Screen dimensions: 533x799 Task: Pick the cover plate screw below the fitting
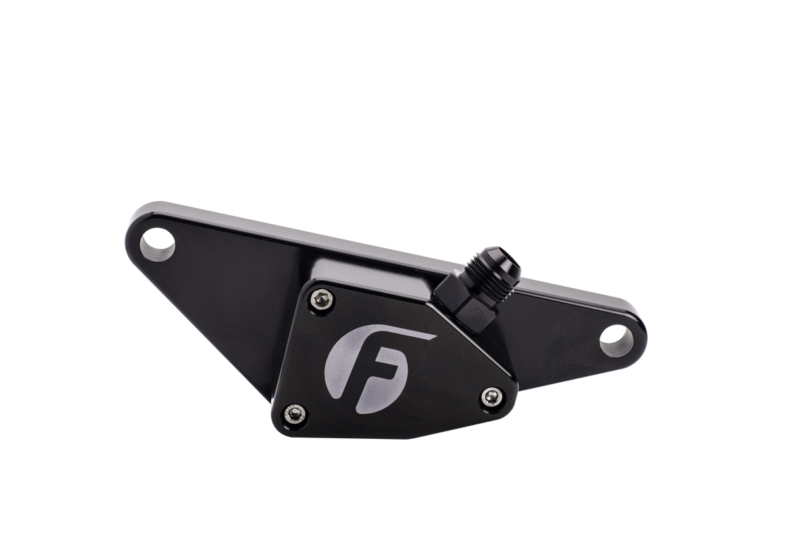click(490, 395)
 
